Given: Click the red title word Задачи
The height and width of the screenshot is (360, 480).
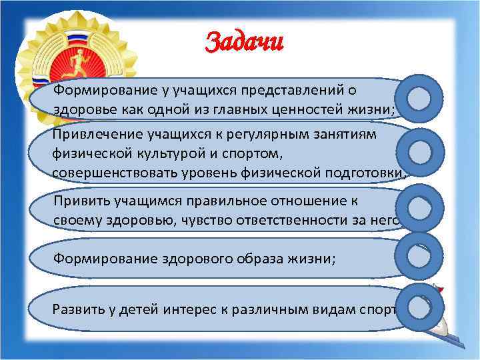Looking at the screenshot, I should click(x=244, y=43).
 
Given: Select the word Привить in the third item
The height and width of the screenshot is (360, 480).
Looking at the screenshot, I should click(x=77, y=200).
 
